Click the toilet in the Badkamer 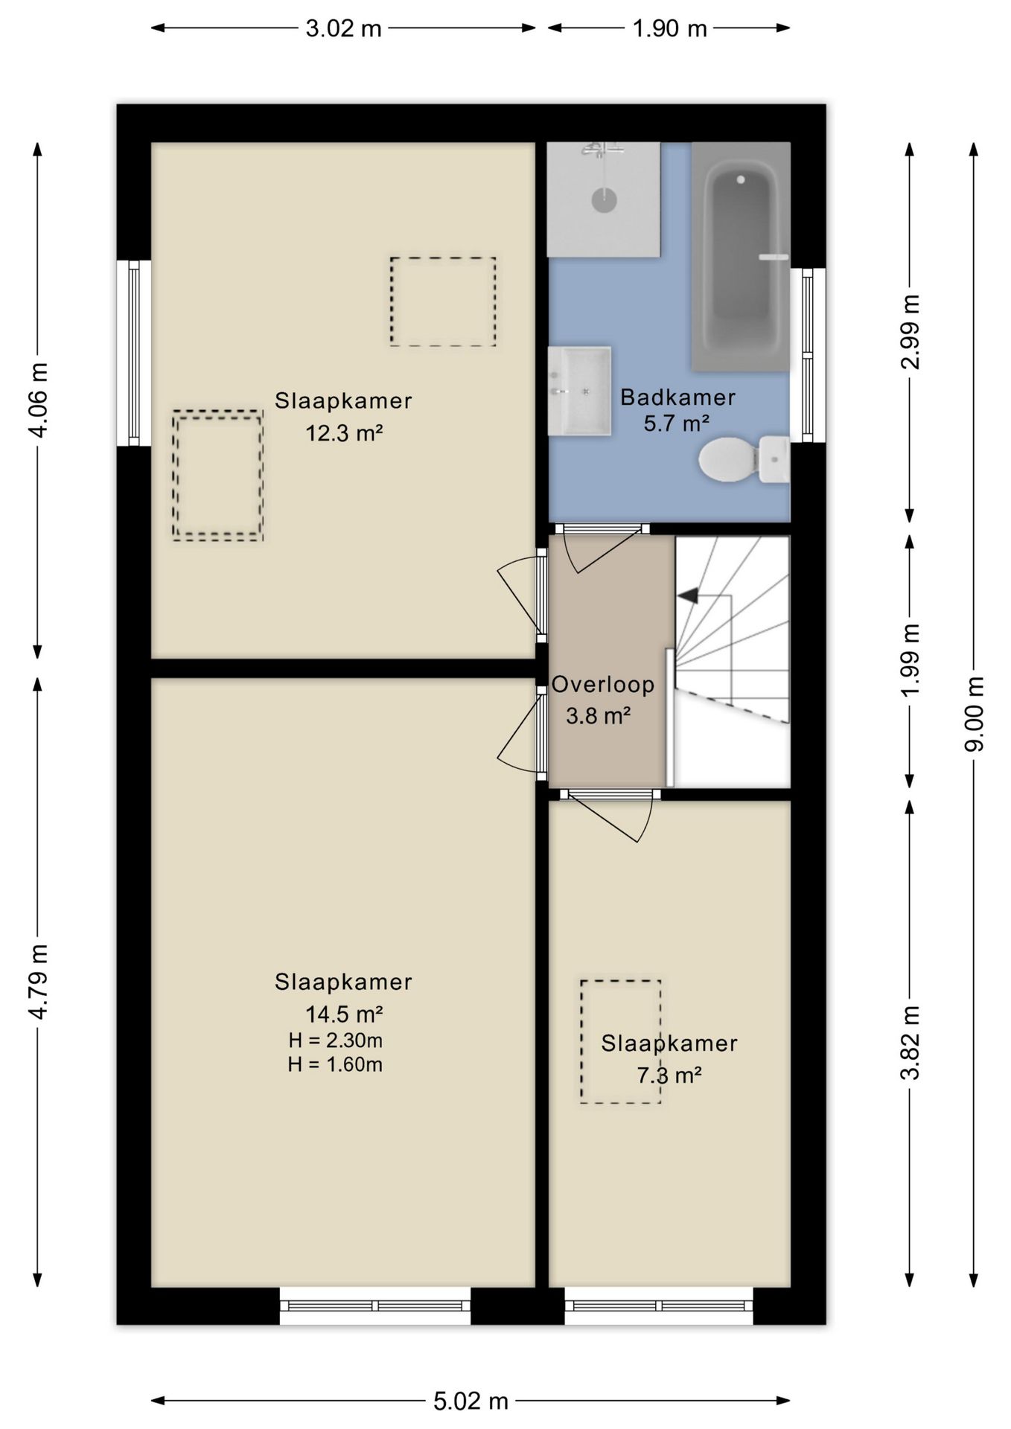[x=744, y=459]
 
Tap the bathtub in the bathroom [x=740, y=257]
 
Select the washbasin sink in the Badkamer [x=579, y=391]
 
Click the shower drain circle [x=604, y=199]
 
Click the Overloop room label [x=603, y=684]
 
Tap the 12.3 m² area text [x=344, y=432]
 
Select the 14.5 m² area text [x=344, y=1014]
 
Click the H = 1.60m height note [x=335, y=1065]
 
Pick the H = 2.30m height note [x=335, y=1040]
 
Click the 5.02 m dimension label [x=471, y=1401]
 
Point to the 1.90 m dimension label [x=669, y=28]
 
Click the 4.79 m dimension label [x=37, y=981]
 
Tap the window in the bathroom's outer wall [x=808, y=355]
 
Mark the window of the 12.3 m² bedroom [x=134, y=353]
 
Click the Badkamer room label [x=677, y=397]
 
